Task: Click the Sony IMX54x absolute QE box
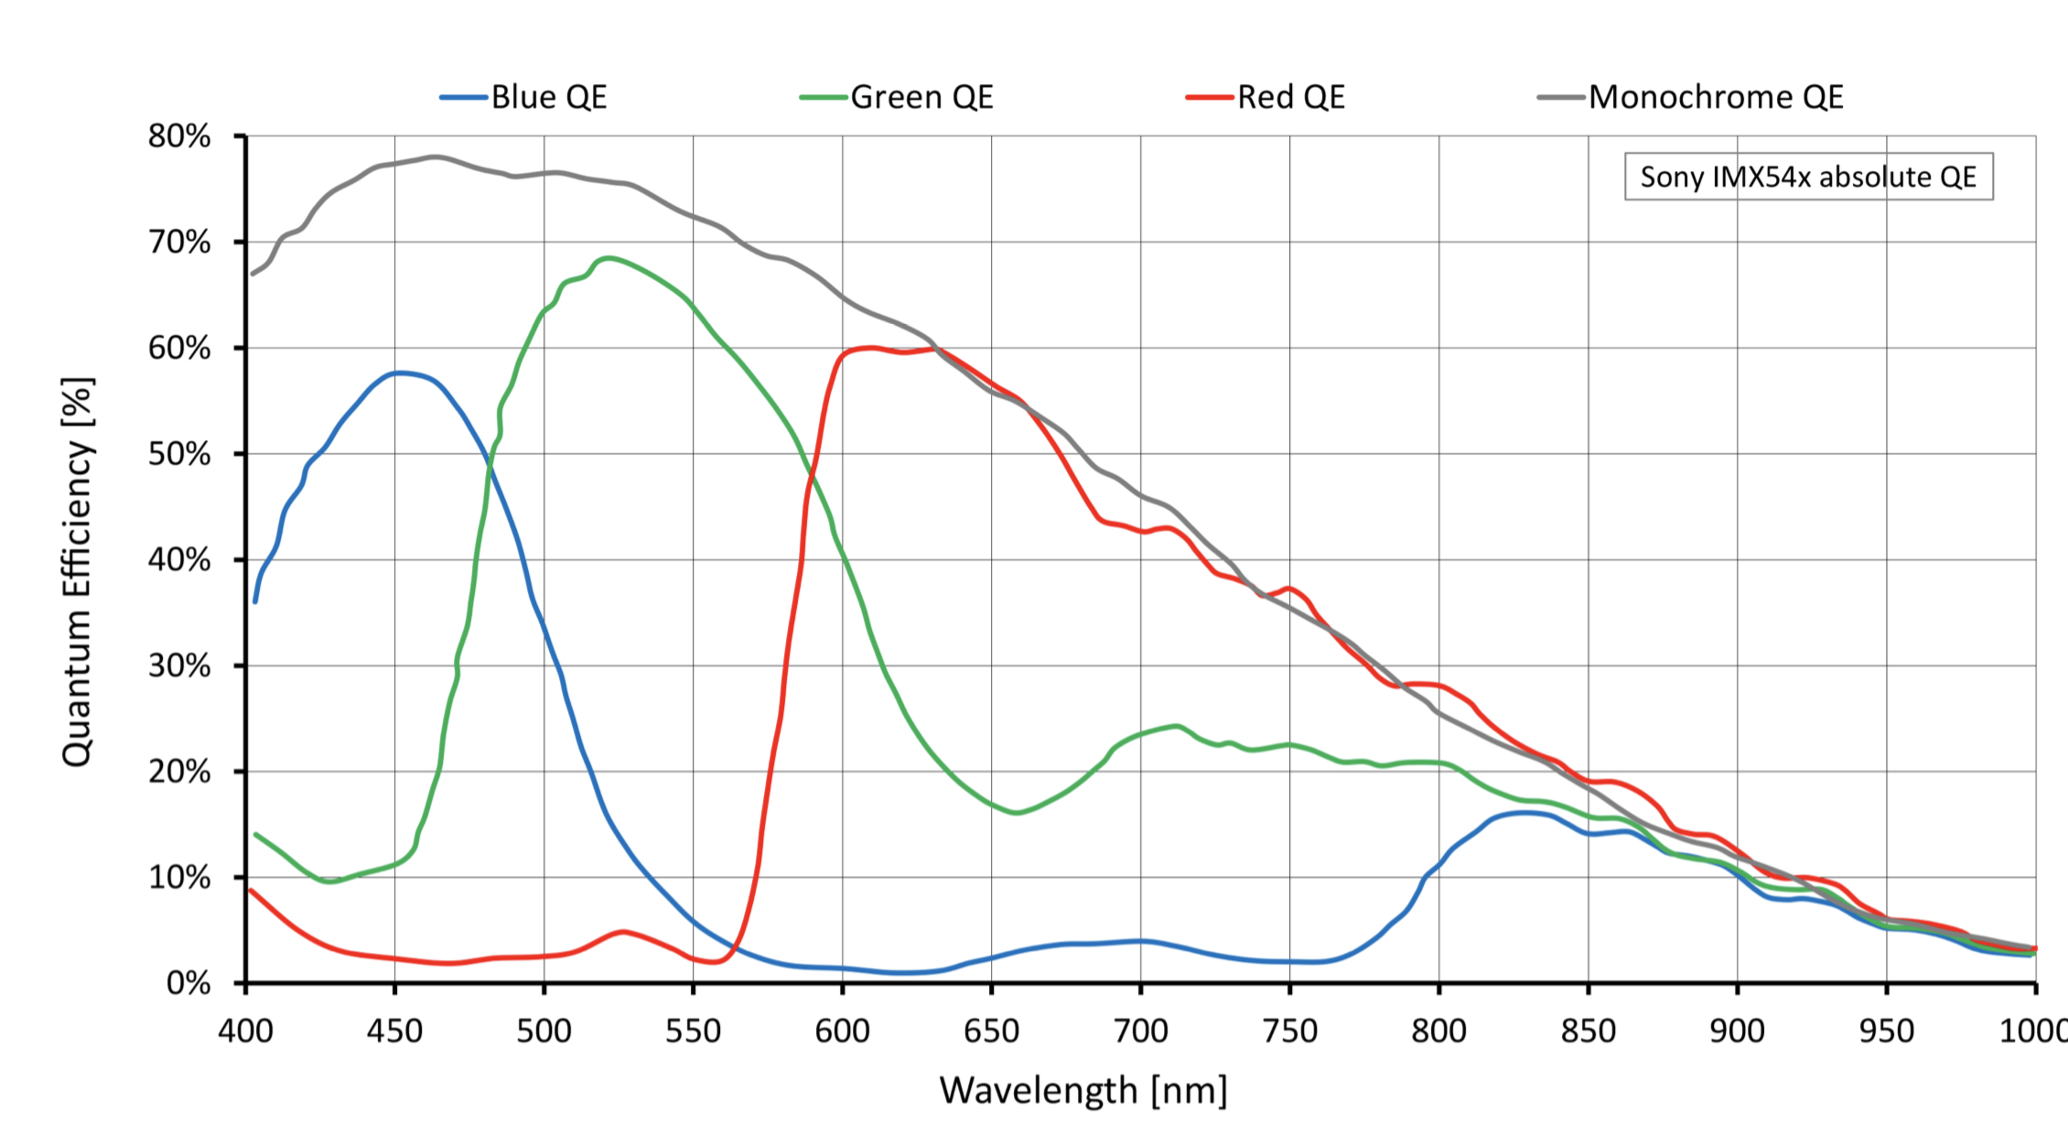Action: click(1808, 177)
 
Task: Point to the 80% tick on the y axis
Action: click(179, 136)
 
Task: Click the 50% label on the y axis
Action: click(179, 454)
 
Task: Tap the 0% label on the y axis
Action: click(188, 984)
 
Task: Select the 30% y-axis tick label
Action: click(179, 665)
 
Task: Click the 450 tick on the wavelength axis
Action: click(394, 1032)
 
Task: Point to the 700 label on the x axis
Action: click(1140, 1032)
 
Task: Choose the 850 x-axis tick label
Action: click(1588, 1032)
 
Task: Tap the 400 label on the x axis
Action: click(245, 1032)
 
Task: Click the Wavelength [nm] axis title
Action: click(1083, 1091)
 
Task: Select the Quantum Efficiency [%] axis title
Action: click(77, 571)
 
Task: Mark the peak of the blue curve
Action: click(400, 373)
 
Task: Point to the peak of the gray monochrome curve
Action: click(435, 157)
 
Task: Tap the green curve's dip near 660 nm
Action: click(1016, 812)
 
